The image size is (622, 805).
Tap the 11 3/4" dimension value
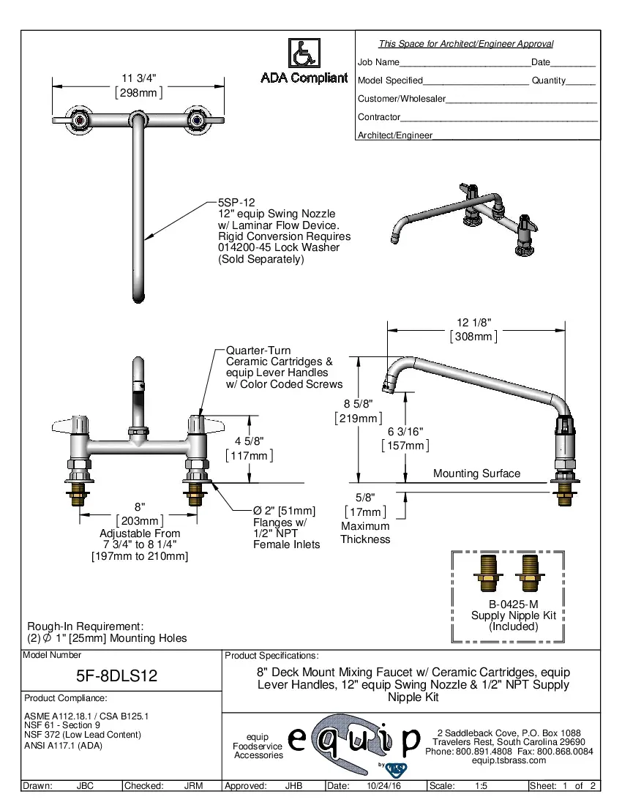[x=139, y=78]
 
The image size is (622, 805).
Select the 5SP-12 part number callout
[x=236, y=202]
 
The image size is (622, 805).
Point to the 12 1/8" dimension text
[x=473, y=322]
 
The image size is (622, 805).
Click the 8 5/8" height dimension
[x=359, y=403]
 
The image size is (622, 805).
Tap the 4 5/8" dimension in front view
[x=249, y=440]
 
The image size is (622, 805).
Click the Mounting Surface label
[x=476, y=473]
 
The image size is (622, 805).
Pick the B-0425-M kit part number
[x=513, y=604]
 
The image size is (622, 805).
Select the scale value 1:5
[x=482, y=786]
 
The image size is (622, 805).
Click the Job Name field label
[x=378, y=62]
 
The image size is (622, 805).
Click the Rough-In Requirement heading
[x=85, y=626]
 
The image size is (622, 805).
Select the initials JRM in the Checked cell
[x=193, y=786]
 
